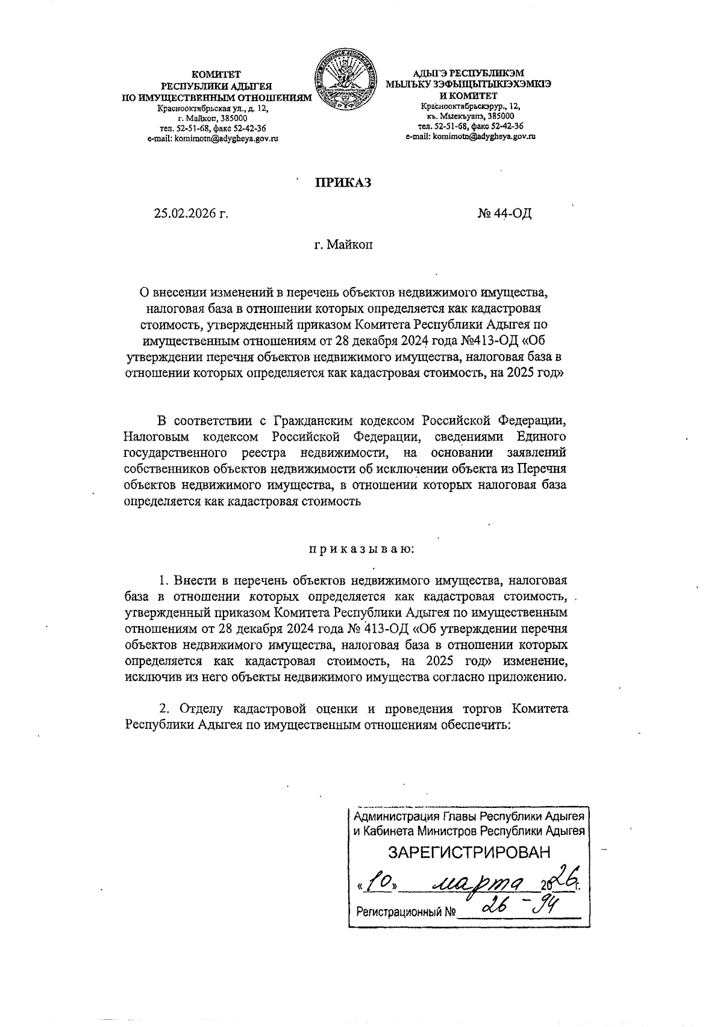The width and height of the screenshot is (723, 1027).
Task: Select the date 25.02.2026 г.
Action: [x=192, y=213]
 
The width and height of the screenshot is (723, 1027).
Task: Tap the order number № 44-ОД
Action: [x=504, y=213]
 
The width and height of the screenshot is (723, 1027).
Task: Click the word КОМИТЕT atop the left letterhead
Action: [x=216, y=75]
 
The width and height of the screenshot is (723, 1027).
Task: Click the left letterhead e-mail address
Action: [x=216, y=138]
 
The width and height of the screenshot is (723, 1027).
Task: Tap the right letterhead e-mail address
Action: [x=471, y=137]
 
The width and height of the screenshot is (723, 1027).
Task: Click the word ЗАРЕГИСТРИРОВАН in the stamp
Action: [x=469, y=852]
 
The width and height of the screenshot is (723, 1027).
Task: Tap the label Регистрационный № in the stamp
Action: [x=405, y=913]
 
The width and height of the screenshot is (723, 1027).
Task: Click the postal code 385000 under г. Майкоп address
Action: [x=224, y=119]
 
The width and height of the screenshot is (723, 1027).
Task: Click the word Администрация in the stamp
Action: [x=395, y=818]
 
